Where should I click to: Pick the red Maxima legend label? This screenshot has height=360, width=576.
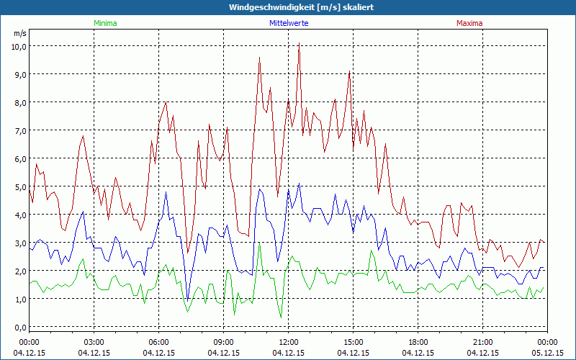(469, 23)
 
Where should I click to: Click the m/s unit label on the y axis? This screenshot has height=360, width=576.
(19, 33)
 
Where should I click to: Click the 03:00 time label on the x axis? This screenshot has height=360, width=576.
(94, 342)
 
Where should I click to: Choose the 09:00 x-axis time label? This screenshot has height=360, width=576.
(224, 342)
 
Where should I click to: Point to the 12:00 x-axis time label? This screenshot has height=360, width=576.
(289, 342)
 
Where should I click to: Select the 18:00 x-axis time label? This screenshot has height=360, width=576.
(418, 342)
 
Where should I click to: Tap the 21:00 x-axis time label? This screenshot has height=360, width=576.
(483, 342)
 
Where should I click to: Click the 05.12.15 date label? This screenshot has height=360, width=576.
(548, 353)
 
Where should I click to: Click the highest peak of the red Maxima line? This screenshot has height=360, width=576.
(299, 44)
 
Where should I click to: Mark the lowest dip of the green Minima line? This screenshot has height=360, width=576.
(281, 318)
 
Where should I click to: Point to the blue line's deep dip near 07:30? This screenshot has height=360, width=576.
(188, 299)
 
